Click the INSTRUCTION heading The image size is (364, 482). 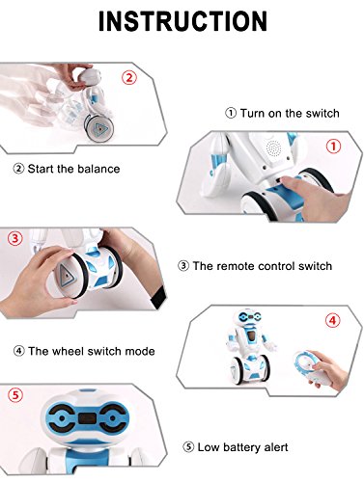pyautogui.click(x=182, y=21)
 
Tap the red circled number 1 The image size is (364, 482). pyautogui.click(x=333, y=147)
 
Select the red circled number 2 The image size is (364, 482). pyautogui.click(x=129, y=78)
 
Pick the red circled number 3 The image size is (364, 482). pyautogui.click(x=15, y=238)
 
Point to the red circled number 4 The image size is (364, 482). pyautogui.click(x=332, y=320)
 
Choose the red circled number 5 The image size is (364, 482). pyautogui.click(x=15, y=395)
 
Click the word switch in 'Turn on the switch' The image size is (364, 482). pyautogui.click(x=322, y=114)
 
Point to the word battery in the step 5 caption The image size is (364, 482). pyautogui.click(x=241, y=447)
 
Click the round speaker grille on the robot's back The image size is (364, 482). pyautogui.click(x=273, y=149)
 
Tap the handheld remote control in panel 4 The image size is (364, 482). pyautogui.click(x=306, y=367)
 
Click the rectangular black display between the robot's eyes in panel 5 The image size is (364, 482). pyautogui.click(x=88, y=418)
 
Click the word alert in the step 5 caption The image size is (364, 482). pyautogui.click(x=276, y=447)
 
